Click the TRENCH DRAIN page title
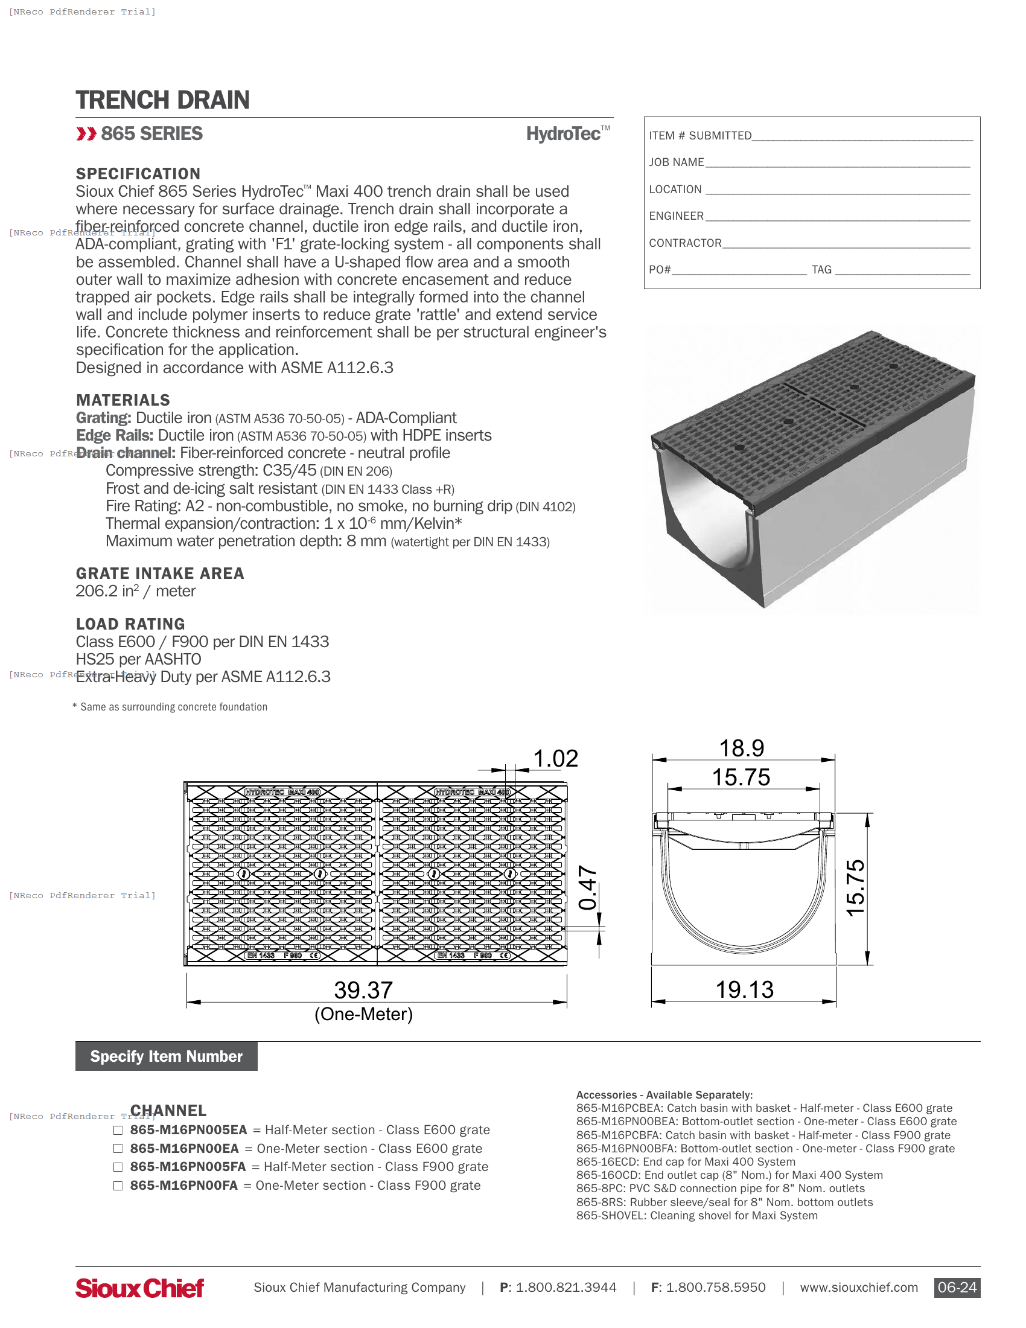[x=162, y=100]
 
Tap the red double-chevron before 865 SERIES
[x=86, y=134]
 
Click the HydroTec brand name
[x=564, y=134]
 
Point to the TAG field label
[x=821, y=270]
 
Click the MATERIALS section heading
[x=123, y=400]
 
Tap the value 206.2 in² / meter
[x=136, y=591]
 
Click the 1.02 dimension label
[x=555, y=759]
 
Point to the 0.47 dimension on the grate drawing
[x=588, y=888]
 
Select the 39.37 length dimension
[x=363, y=990]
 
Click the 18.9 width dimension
[x=742, y=749]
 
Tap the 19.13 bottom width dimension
[x=745, y=989]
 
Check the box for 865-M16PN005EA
[x=118, y=1131]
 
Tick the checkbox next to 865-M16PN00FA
[x=118, y=1186]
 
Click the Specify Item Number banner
[x=167, y=1056]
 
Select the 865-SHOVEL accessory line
[x=696, y=1216]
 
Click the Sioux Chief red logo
[x=140, y=1288]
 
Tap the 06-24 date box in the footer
[x=957, y=1288]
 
